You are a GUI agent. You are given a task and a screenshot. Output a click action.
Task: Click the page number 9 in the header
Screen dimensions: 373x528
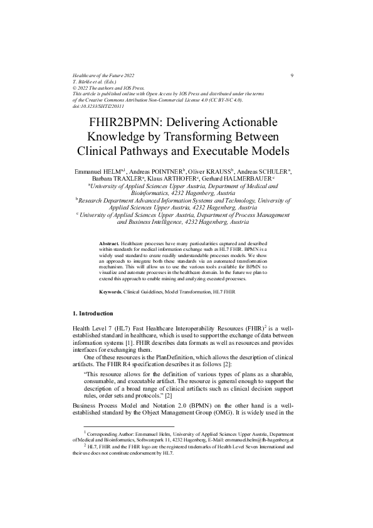(292, 75)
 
